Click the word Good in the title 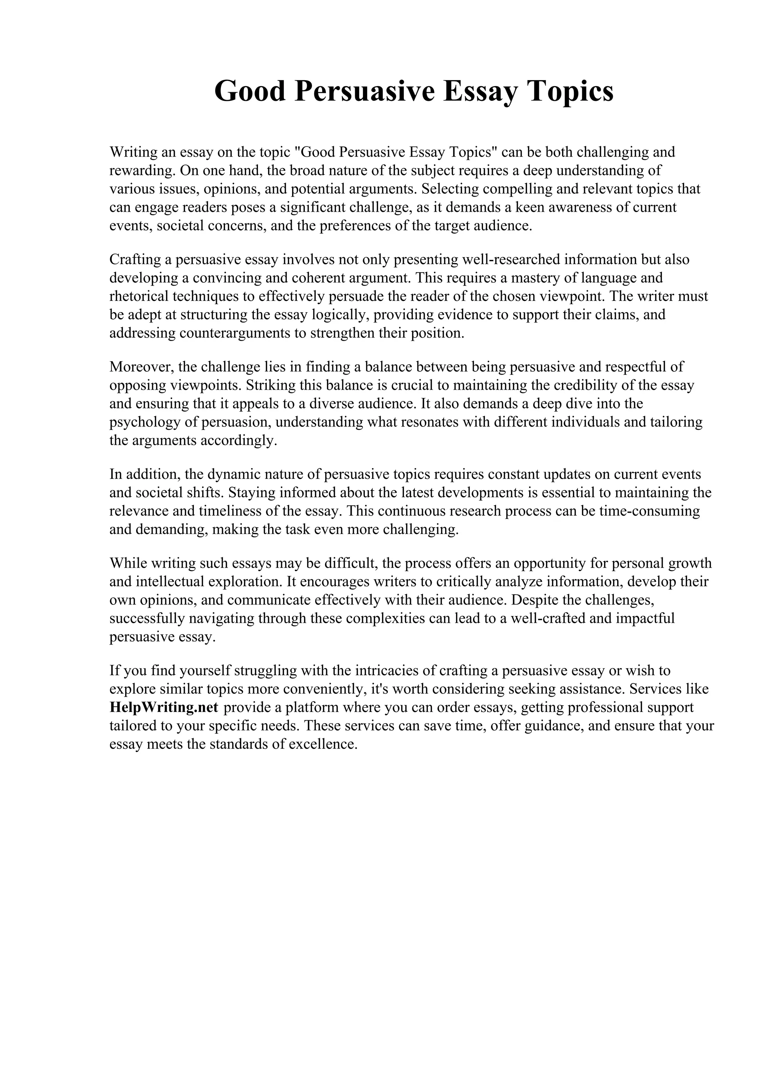pyautogui.click(x=250, y=91)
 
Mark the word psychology pyautogui.click(x=142, y=422)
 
